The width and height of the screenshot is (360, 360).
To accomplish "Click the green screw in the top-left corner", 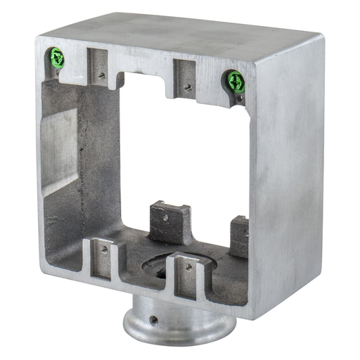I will click(x=56, y=59).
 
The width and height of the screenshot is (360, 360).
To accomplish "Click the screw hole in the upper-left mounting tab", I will click(x=103, y=73).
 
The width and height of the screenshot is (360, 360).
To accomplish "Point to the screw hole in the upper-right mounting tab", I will click(x=188, y=87).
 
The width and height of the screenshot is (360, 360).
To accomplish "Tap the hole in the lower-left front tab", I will click(x=104, y=248).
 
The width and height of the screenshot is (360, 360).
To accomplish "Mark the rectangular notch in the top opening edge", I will click(x=144, y=77).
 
